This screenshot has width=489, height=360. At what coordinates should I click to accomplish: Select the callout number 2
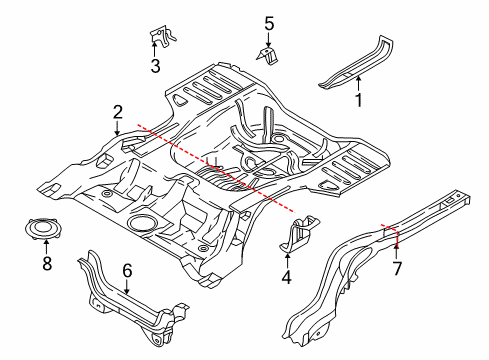pos(118,112)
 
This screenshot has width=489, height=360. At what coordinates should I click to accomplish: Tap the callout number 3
pos(155,67)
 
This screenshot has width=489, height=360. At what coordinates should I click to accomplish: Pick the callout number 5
pos(268,22)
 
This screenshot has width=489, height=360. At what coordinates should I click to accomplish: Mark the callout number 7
pos(398,268)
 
